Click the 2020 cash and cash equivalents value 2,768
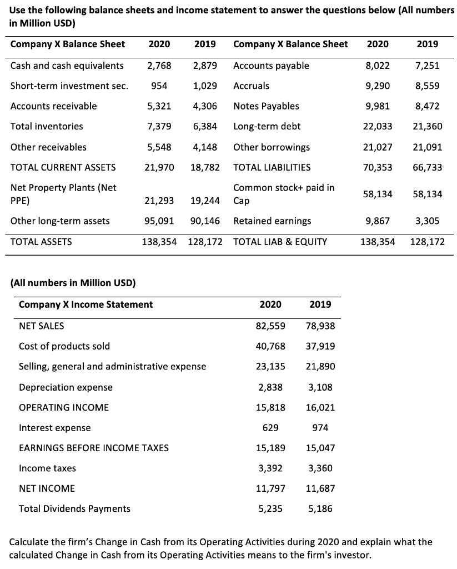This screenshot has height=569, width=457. [x=159, y=66]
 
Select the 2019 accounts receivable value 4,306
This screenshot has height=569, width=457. [x=205, y=106]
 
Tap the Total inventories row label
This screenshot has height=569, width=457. [x=47, y=126]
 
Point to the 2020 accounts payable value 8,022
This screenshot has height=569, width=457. [x=377, y=66]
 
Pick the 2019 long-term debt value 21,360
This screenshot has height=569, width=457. [x=428, y=126]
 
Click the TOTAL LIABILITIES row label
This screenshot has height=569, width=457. [x=272, y=167]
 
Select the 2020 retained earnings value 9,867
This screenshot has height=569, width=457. [x=377, y=221]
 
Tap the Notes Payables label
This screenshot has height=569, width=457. [x=266, y=106]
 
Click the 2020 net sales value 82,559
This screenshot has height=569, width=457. [x=271, y=326]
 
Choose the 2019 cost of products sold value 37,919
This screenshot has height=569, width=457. [x=320, y=346]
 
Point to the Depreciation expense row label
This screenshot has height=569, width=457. [x=66, y=387]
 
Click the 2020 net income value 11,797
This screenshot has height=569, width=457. [x=271, y=488]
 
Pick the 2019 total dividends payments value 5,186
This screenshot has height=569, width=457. [x=320, y=508]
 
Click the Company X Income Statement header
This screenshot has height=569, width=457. [x=86, y=305]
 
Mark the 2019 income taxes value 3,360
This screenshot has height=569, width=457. [x=320, y=468]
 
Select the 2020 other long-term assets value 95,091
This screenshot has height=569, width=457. [x=159, y=221]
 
